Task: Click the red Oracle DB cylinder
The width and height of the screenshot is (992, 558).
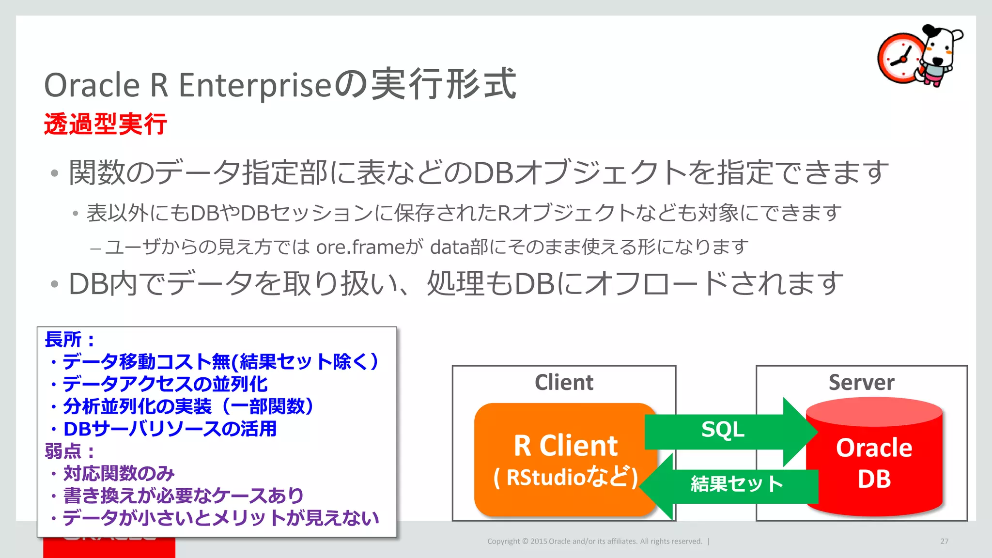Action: (x=875, y=460)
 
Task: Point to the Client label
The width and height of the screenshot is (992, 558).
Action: (x=564, y=383)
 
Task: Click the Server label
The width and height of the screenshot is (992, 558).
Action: (x=861, y=383)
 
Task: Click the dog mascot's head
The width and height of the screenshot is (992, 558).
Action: (x=942, y=46)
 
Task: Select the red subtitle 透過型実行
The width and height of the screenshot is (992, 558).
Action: (x=105, y=124)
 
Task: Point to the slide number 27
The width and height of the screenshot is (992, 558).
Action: (x=944, y=541)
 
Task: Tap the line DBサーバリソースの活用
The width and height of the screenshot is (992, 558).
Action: (x=170, y=429)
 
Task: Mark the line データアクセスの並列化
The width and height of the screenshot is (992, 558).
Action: (x=165, y=384)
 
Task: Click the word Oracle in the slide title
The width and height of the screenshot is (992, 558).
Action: (x=92, y=85)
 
